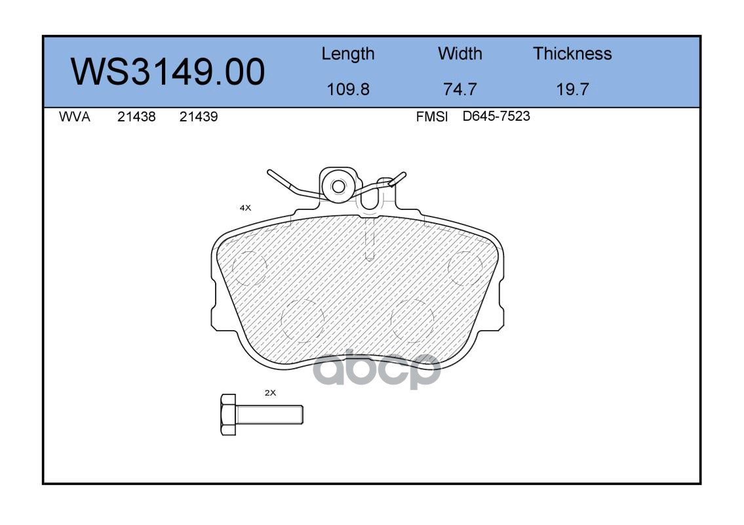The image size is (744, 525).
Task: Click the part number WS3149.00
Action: pyautogui.click(x=168, y=72)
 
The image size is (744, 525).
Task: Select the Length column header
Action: pyautogui.click(x=348, y=54)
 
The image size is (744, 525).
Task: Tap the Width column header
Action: pyautogui.click(x=460, y=54)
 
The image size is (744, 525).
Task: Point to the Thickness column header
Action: pyautogui.click(x=572, y=54)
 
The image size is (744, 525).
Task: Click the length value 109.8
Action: pyautogui.click(x=348, y=89)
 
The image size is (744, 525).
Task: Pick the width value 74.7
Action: pyautogui.click(x=460, y=89)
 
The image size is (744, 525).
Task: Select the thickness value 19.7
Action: pyautogui.click(x=572, y=89)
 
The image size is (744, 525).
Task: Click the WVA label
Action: pyautogui.click(x=75, y=117)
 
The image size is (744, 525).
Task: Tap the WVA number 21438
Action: pyautogui.click(x=136, y=117)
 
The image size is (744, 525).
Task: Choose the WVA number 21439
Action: pyautogui.click(x=199, y=117)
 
